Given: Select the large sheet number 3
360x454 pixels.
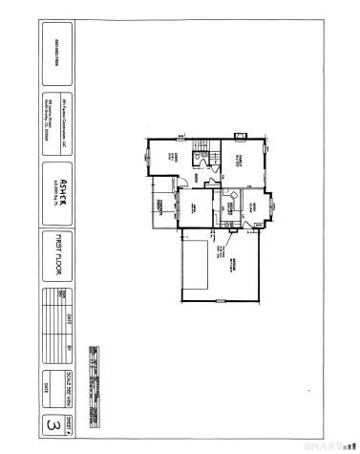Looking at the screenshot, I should (60, 422).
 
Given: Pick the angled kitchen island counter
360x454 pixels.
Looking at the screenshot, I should (228, 200).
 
